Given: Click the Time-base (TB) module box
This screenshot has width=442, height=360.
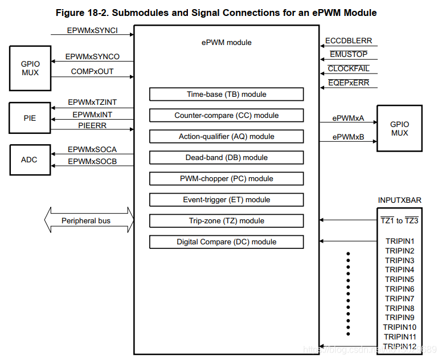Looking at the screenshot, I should click(x=226, y=94).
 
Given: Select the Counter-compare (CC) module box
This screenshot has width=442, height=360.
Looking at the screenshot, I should click(x=226, y=115).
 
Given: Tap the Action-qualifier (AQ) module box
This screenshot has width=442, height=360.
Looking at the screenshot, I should click(x=226, y=136).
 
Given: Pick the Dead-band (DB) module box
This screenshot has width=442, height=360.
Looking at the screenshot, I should click(x=226, y=157).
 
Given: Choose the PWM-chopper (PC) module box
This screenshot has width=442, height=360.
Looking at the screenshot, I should click(x=226, y=178).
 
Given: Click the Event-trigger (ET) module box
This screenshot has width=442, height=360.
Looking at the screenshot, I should click(x=226, y=199).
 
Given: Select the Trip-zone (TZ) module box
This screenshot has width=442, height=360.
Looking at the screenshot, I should click(x=226, y=220).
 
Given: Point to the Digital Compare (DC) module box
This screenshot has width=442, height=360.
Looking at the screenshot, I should click(x=226, y=242).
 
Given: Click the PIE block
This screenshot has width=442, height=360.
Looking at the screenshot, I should click(x=30, y=118).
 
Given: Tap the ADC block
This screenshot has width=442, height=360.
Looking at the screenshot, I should click(x=30, y=159).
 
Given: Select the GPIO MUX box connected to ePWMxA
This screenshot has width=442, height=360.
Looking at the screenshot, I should click(x=399, y=128).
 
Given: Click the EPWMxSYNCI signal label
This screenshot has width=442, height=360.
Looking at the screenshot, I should click(x=92, y=30).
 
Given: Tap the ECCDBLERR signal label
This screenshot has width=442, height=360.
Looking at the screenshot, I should click(x=349, y=41).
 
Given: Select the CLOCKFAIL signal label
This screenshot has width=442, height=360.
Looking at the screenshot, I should click(x=349, y=69).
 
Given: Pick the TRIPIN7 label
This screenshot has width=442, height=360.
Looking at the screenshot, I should click(x=399, y=298).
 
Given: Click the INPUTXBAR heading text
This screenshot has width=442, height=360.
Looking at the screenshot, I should click(x=399, y=201).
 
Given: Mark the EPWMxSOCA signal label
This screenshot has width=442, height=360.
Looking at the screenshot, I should click(x=92, y=149).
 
